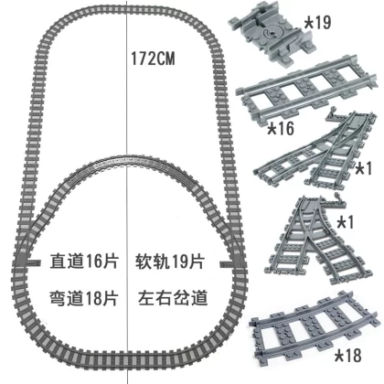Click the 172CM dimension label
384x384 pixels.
153,59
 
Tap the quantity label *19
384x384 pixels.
317,22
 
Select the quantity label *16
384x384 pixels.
281,128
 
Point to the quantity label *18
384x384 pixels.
348,356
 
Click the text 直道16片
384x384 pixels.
84,261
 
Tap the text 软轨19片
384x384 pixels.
170,261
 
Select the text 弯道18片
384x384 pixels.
84,298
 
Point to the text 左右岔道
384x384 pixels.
173,298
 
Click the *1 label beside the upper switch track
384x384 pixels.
364,168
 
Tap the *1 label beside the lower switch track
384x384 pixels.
346,222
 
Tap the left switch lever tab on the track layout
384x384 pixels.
33,262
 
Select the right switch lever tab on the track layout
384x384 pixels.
226,263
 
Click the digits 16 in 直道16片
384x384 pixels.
93,261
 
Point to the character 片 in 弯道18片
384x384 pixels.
111,298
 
